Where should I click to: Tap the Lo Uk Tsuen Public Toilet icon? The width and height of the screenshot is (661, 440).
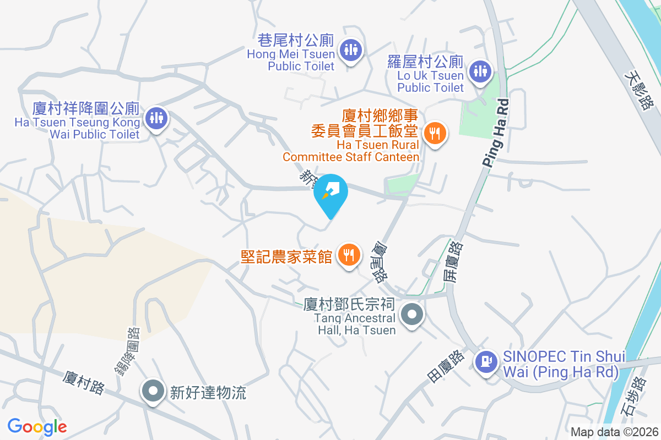pyautogui.click(x=480, y=71)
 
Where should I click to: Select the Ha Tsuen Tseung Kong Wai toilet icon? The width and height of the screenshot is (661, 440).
pyautogui.click(x=157, y=118)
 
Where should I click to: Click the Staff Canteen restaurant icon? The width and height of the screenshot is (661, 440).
pyautogui.click(x=435, y=133)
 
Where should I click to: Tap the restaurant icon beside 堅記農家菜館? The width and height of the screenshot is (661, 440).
pyautogui.click(x=349, y=255)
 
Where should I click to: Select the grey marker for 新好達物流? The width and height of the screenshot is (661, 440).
pyautogui.click(x=153, y=392)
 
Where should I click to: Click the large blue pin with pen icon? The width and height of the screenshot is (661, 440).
pyautogui.click(x=330, y=194)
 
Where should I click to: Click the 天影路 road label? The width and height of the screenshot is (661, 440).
pyautogui.click(x=641, y=90)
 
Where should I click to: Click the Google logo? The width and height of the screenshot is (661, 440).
pyautogui.click(x=37, y=426)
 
